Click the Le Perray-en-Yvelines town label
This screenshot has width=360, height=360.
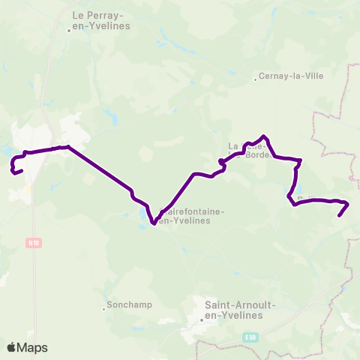tap(100, 19)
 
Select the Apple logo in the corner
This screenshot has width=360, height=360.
tap(12, 347)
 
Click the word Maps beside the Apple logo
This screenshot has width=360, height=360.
tap(33, 347)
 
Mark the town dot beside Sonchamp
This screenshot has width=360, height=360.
tap(104, 307)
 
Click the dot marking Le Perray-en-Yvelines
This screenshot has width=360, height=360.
tap(69, 31)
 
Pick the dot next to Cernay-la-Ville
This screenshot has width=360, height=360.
tap(255, 76)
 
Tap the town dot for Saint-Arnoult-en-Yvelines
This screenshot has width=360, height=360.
tap(202, 319)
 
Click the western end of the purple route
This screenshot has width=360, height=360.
tap(22, 172)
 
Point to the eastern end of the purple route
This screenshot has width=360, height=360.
tap(340, 216)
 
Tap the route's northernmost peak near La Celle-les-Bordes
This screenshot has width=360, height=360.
tap(263, 136)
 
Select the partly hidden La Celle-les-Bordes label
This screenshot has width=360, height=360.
tap(244, 150)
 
